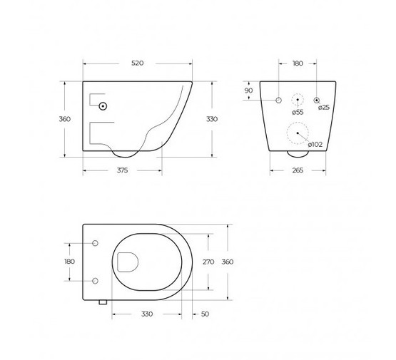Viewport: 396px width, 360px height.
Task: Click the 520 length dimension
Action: tap(138, 63)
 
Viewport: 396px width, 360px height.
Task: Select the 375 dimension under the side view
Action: tap(122, 170)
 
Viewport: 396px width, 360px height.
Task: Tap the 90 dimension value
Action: tap(249, 91)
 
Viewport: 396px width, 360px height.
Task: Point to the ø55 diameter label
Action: tap(298, 112)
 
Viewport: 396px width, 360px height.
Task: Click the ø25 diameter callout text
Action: tap(324, 108)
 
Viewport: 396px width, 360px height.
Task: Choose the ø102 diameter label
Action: tap(315, 145)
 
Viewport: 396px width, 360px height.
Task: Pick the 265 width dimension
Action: tap(298, 170)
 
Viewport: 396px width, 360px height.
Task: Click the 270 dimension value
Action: tap(208, 262)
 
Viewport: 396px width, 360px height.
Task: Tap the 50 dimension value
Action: tap(205, 314)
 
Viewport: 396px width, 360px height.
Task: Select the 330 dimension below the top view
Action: tap(147, 314)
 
